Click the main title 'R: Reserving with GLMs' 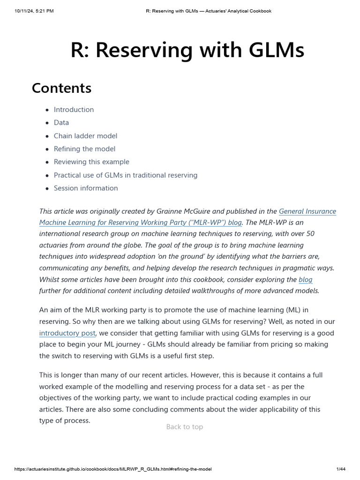[x=187, y=51]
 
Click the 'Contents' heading [x=61, y=88]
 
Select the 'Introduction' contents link [x=74, y=110]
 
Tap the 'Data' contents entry [x=61, y=123]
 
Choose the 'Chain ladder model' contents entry [x=85, y=136]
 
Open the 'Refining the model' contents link [x=84, y=149]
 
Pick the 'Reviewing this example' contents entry [x=91, y=162]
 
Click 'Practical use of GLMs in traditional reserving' [x=125, y=175]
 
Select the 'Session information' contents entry [x=86, y=188]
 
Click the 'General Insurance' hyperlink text [x=307, y=211]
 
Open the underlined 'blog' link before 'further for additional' [x=305, y=279]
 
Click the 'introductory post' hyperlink [x=67, y=333]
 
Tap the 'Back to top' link [x=185, y=427]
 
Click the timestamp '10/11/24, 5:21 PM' [x=34, y=11]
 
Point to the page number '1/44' [x=341, y=469]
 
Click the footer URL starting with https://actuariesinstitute [x=116, y=469]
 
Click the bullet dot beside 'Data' [x=47, y=123]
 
